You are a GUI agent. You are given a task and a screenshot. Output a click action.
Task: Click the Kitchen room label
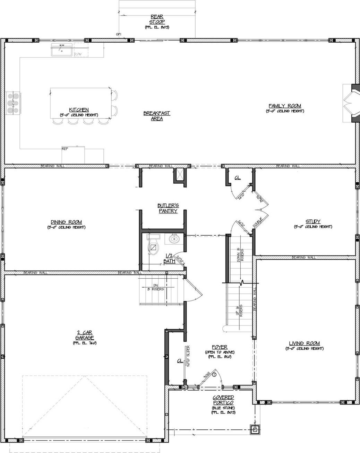point(79,110)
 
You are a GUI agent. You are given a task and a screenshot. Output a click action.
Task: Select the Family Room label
point(285,106)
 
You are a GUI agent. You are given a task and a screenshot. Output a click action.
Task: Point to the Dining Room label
point(66,222)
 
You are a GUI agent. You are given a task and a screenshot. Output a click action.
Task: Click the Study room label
point(313,221)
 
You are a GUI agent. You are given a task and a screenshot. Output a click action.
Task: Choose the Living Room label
point(304,343)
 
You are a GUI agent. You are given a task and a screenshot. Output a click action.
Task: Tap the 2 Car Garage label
point(84,335)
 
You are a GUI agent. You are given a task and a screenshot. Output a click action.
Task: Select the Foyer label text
point(220,347)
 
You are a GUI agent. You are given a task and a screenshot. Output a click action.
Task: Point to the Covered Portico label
point(224,400)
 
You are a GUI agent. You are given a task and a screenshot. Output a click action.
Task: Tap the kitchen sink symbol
point(62,51)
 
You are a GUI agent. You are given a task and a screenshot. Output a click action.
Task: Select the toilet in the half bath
point(153,245)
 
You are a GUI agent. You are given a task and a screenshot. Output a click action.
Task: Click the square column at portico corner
point(255,430)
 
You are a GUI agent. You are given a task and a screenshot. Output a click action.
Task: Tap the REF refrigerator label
point(65,148)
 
